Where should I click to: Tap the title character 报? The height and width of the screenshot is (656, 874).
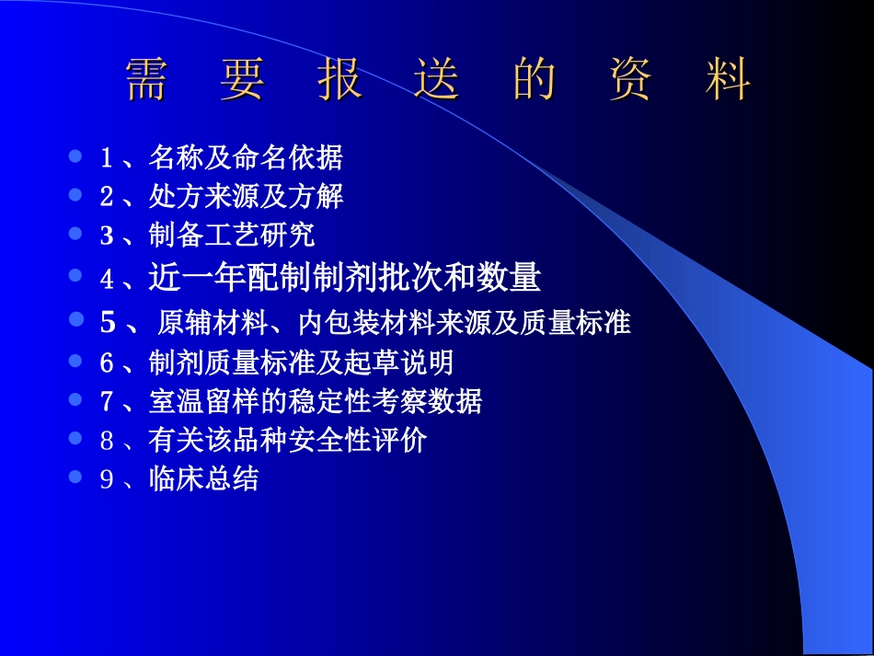click(339, 81)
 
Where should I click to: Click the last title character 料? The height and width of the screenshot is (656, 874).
click(728, 81)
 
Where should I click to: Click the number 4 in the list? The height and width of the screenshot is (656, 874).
click(106, 279)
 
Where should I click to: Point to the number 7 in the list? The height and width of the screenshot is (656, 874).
click(106, 402)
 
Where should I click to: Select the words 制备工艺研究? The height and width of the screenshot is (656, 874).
click(232, 236)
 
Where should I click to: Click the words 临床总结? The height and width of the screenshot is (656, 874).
click(203, 479)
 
